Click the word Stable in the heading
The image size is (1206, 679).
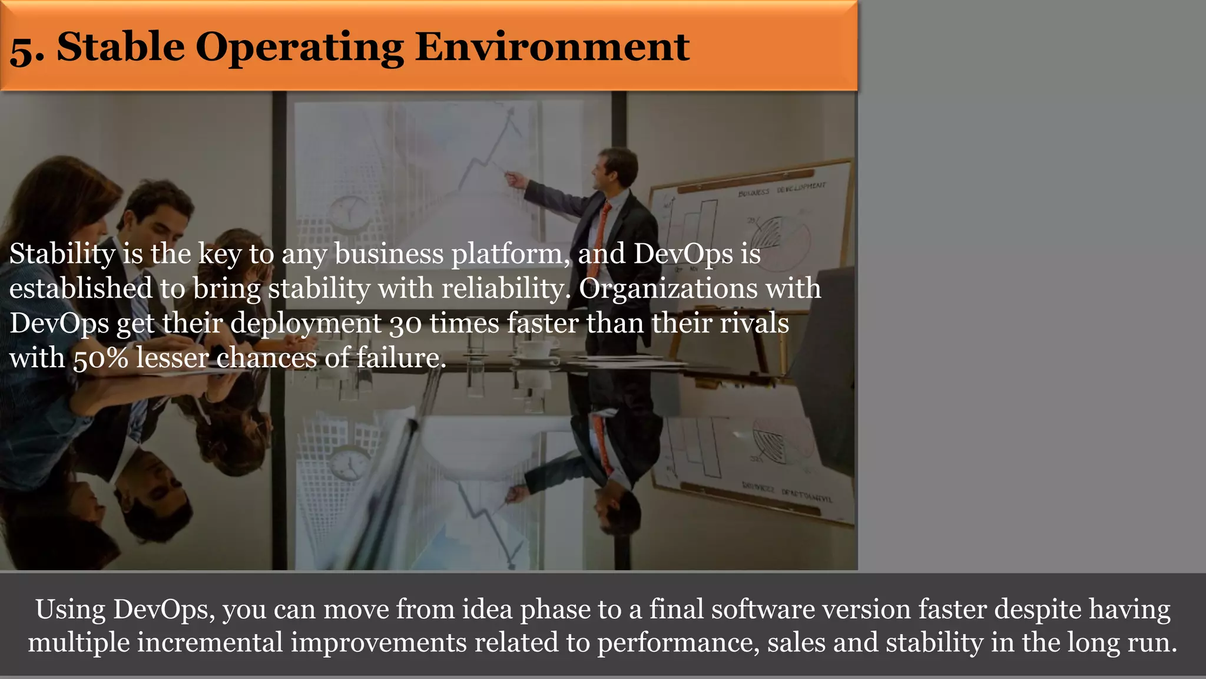coord(121,47)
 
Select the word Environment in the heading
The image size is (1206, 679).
coord(552,47)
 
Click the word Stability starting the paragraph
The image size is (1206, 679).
coord(62,255)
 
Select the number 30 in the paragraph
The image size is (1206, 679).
coord(405,324)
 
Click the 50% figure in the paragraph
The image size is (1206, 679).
coord(101,358)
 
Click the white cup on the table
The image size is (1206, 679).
coord(535,349)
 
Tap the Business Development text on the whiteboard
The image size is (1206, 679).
coord(782,189)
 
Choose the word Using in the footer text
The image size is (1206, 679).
coord(70,609)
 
